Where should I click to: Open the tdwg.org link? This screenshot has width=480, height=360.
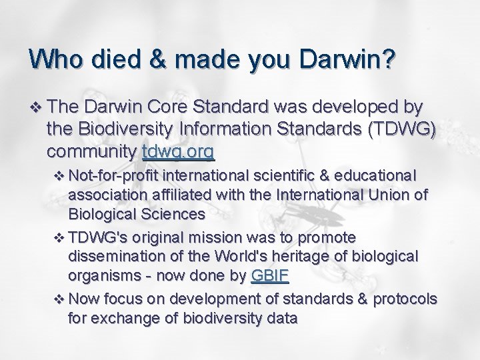[x=178, y=153]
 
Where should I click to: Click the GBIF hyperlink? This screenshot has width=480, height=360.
[x=270, y=277]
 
